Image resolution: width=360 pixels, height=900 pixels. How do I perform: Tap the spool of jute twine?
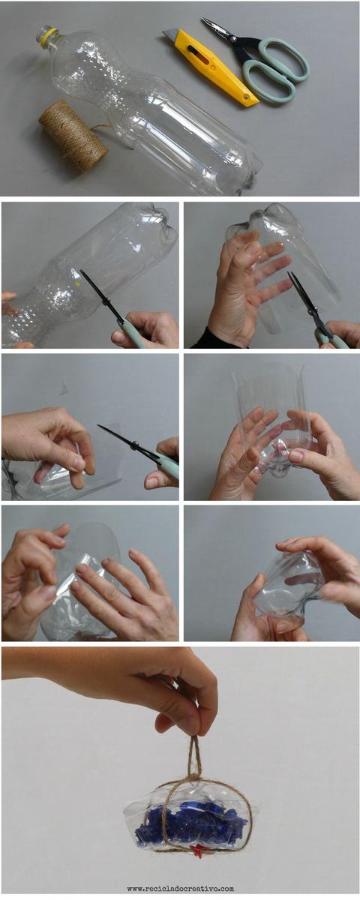tap(72, 134)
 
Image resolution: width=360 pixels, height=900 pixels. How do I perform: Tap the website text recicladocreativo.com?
tap(181, 888)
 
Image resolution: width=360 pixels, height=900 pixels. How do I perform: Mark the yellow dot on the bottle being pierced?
tap(77, 283)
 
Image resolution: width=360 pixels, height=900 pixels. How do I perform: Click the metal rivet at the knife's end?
tap(245, 97)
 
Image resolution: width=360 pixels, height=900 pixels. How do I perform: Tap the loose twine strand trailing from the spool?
tap(109, 133)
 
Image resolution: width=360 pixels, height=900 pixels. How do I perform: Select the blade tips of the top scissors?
tap(204, 20)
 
